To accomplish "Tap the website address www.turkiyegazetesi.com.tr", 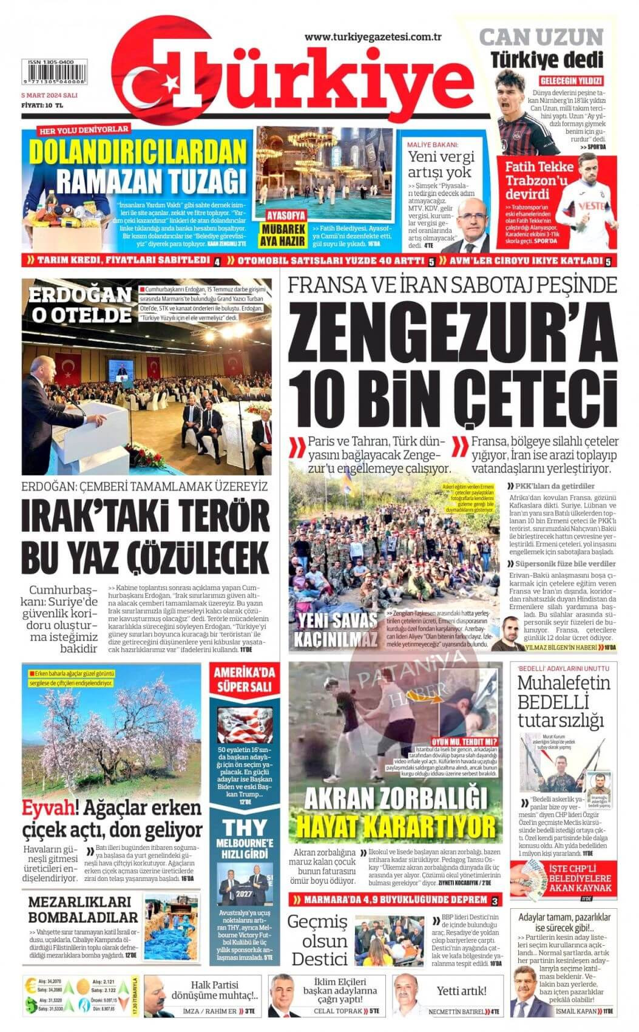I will (x=373, y=37).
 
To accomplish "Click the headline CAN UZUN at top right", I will (x=541, y=38).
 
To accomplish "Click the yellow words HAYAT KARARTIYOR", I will (x=396, y=826).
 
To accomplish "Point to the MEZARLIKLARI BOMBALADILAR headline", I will (x=83, y=909).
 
